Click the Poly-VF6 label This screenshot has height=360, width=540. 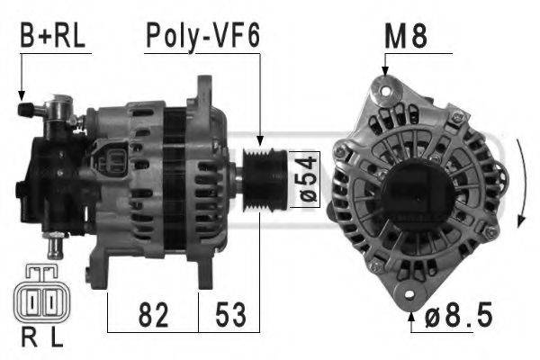click(x=202, y=37)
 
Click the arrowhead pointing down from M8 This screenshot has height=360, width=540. click(x=384, y=70)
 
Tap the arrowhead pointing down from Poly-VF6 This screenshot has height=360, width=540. click(x=261, y=141)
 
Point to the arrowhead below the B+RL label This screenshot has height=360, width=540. click(x=20, y=94)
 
